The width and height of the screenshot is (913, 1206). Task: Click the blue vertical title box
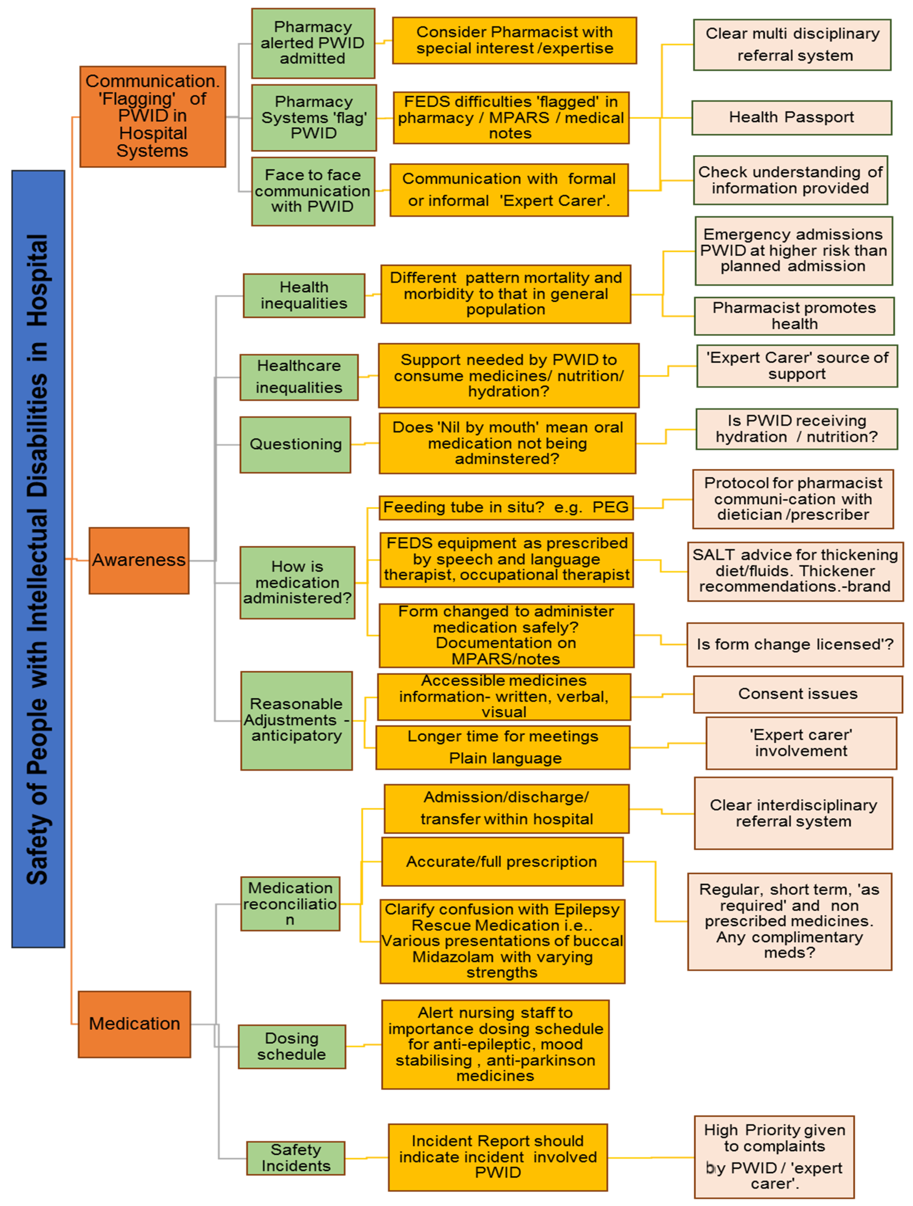(38, 559)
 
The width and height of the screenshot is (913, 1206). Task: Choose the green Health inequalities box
(304, 295)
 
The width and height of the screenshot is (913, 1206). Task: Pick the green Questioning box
(295, 444)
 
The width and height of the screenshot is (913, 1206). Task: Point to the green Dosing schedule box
(292, 1046)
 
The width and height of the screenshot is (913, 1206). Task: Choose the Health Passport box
(791, 117)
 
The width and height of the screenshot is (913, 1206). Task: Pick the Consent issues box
(797, 694)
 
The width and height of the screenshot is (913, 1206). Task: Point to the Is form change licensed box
(795, 644)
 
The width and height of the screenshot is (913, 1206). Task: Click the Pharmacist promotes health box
(794, 316)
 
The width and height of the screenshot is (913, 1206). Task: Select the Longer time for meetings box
(503, 747)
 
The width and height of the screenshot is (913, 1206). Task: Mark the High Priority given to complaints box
(774, 1156)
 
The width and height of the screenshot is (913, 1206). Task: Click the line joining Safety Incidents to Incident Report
(366, 1157)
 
